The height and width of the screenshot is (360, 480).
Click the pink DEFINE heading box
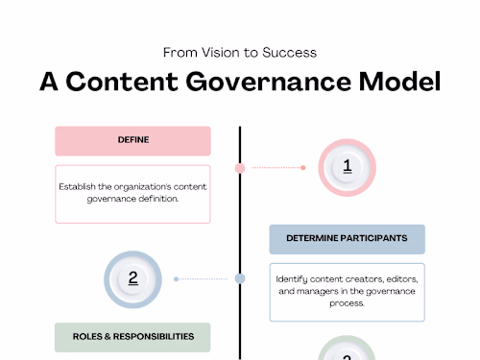132,140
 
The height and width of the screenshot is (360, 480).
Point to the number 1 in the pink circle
347,166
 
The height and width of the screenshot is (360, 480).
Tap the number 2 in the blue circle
133,278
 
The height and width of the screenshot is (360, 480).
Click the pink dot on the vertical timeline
240,168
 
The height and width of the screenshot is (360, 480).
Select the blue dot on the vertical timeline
240,279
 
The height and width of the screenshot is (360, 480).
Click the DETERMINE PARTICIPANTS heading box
347,238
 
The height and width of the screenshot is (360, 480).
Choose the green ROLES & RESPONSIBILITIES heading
132,336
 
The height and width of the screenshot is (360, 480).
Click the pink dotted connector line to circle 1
275,167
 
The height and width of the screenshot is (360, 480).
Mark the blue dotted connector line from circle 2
205,279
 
